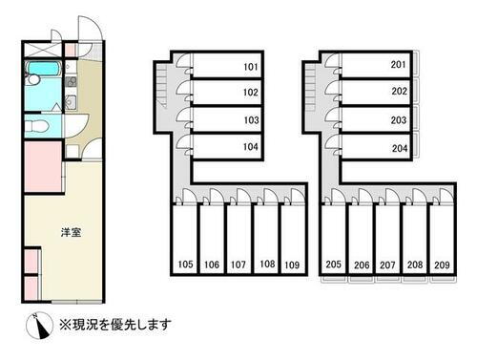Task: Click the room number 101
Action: coord(251,67)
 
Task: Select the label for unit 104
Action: coord(251,147)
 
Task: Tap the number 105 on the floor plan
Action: coord(185,264)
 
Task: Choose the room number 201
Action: coord(399,65)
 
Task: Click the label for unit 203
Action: coord(399,120)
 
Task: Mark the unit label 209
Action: coord(443,265)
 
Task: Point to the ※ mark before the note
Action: coord(66,322)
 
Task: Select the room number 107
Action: coord(238,264)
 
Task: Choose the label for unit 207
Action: coord(388,265)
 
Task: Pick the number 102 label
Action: coord(251,94)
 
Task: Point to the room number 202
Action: coord(399,93)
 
